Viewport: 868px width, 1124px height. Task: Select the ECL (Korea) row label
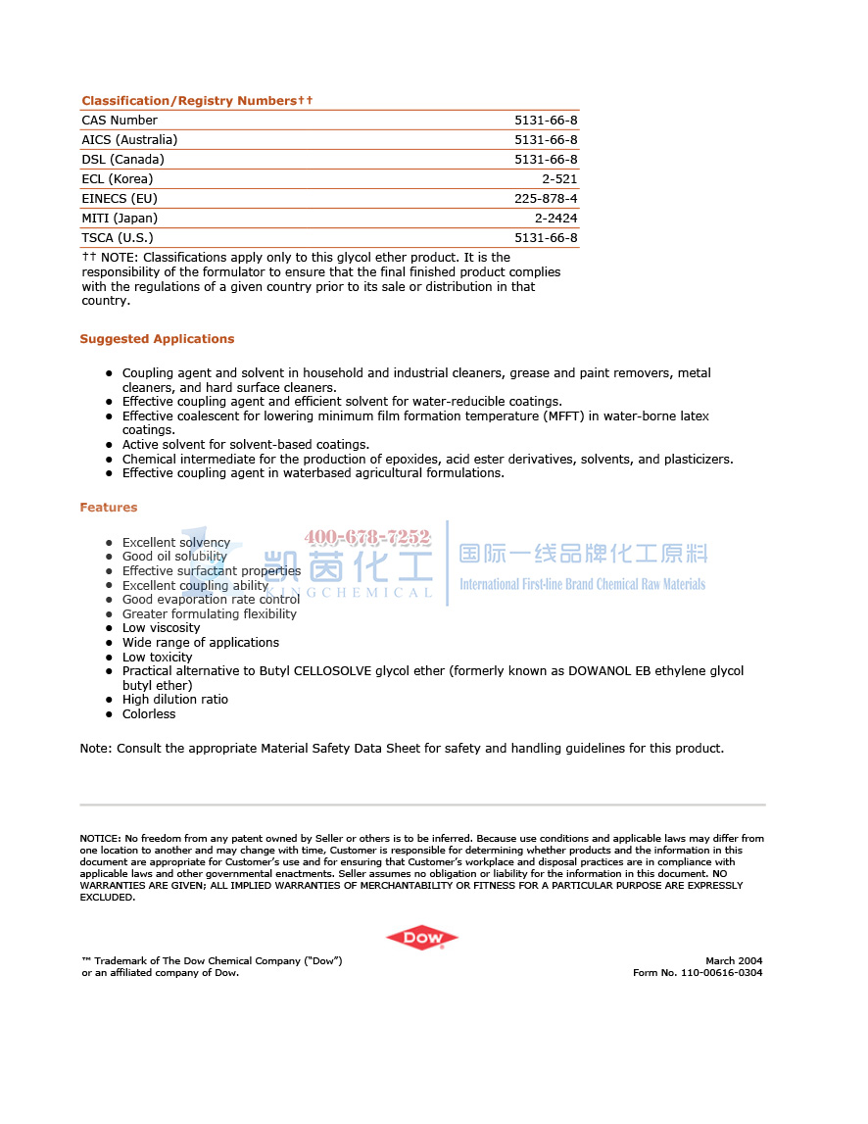click(118, 179)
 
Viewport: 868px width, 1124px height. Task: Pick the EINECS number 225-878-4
click(546, 199)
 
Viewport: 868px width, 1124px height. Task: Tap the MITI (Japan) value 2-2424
click(555, 219)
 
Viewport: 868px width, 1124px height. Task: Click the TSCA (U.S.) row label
click(118, 238)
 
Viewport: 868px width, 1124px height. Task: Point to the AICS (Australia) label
click(129, 140)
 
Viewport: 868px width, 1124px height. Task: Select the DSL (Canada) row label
click(122, 160)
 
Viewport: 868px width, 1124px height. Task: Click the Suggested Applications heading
click(157, 339)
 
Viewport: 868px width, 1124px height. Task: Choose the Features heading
click(109, 508)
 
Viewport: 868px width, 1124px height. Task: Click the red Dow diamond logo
click(421, 938)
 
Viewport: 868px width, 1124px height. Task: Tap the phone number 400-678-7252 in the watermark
click(367, 537)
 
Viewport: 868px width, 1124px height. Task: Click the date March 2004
click(734, 961)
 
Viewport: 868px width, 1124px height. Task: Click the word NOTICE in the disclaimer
click(99, 839)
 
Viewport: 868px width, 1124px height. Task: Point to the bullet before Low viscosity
click(109, 629)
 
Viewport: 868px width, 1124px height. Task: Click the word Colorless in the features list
click(149, 714)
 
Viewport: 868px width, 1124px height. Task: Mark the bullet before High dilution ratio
click(109, 701)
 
